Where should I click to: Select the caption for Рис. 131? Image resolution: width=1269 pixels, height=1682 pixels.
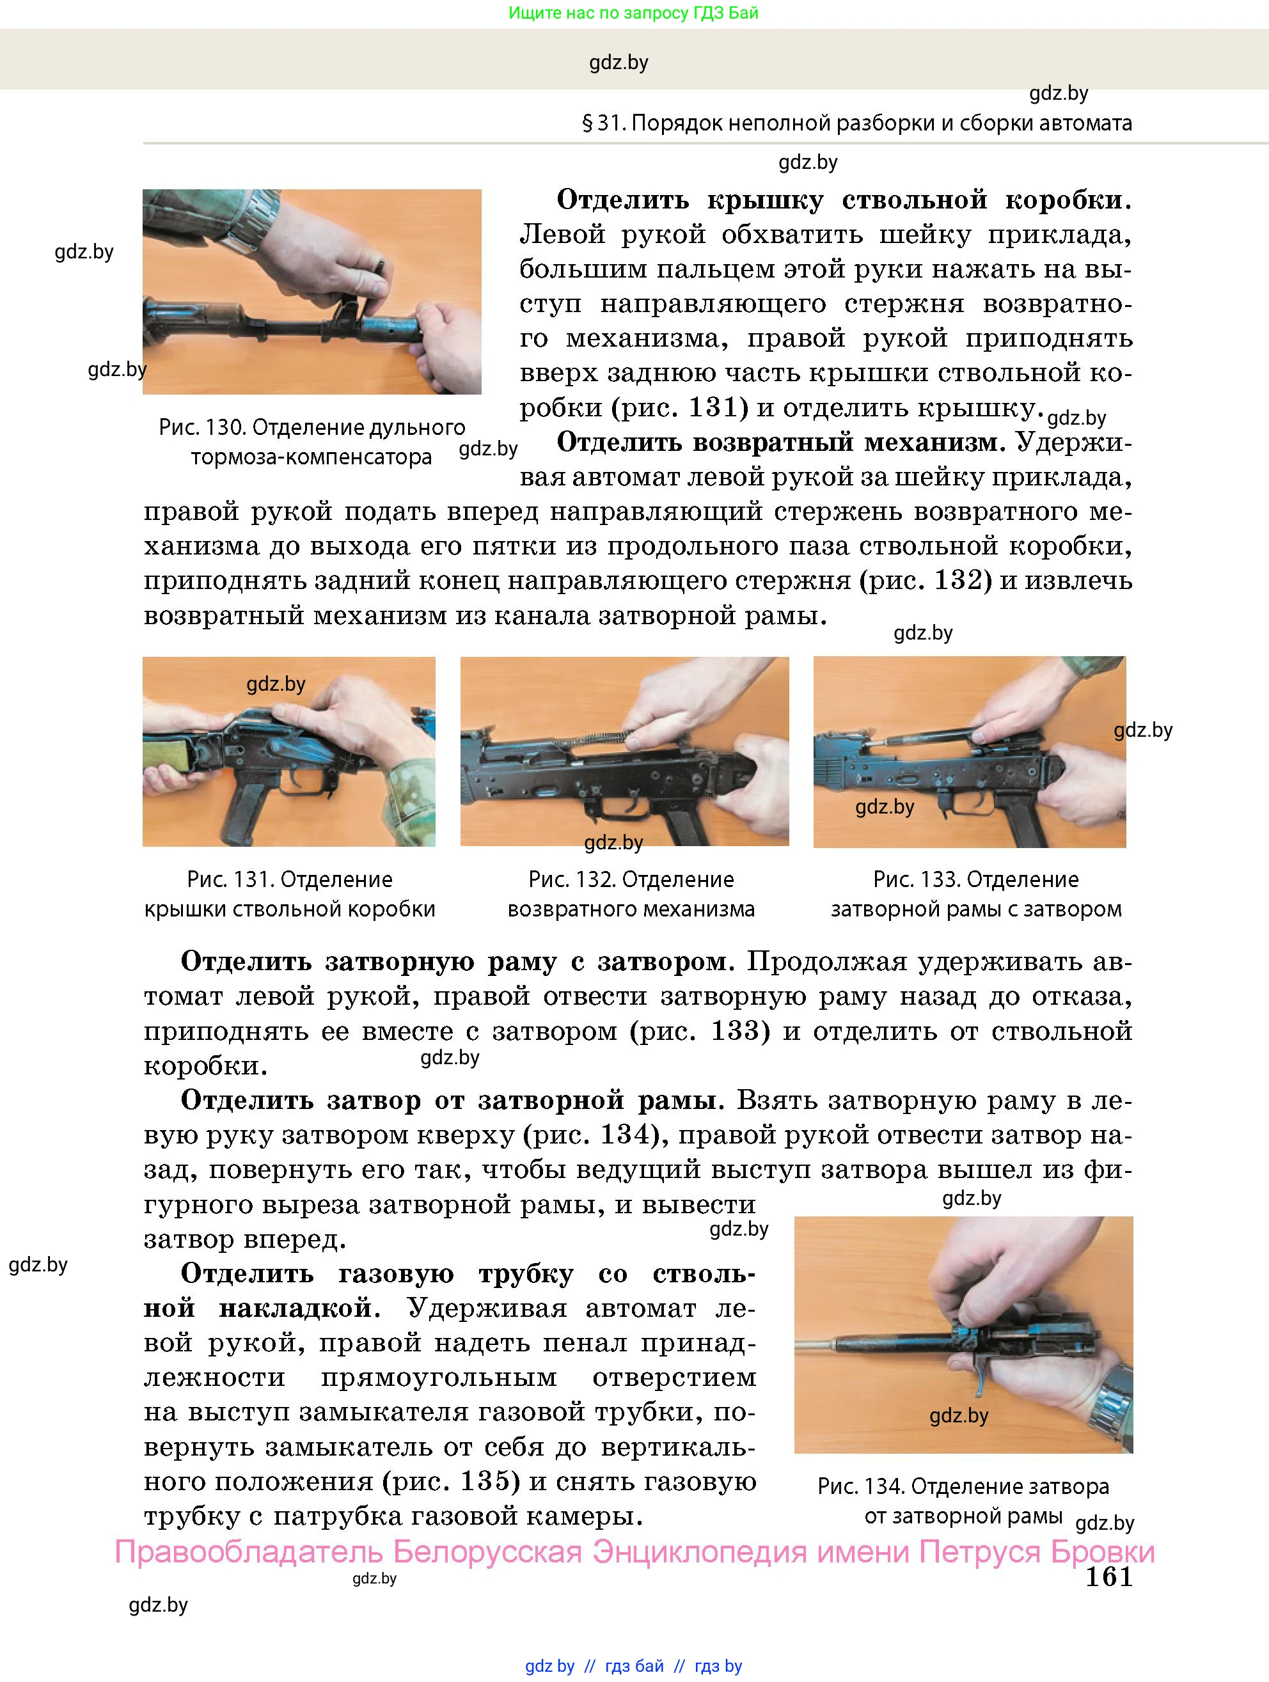coord(290,894)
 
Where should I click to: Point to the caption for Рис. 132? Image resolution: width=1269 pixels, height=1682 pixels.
coord(631,894)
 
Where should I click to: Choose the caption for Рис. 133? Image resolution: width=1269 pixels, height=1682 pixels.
coord(975,894)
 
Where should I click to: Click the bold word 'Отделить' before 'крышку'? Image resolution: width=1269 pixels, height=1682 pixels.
coord(623,200)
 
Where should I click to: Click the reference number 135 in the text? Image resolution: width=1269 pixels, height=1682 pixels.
coord(491,1481)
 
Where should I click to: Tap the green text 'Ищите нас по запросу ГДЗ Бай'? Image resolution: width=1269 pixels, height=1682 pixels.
coord(633,13)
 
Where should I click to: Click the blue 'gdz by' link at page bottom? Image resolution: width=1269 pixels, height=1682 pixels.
coord(549,1666)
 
